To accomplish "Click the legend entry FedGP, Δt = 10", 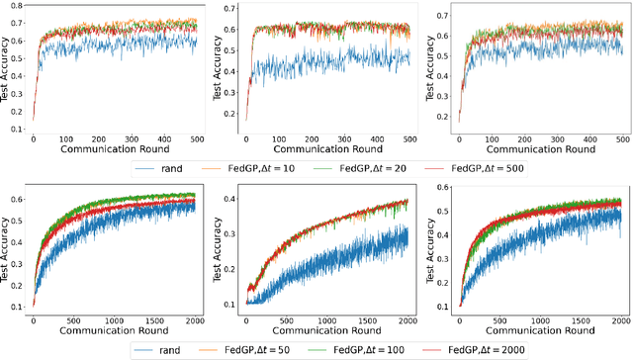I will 296,168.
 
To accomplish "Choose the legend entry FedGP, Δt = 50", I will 302,349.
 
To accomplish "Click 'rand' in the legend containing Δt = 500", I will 199,168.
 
